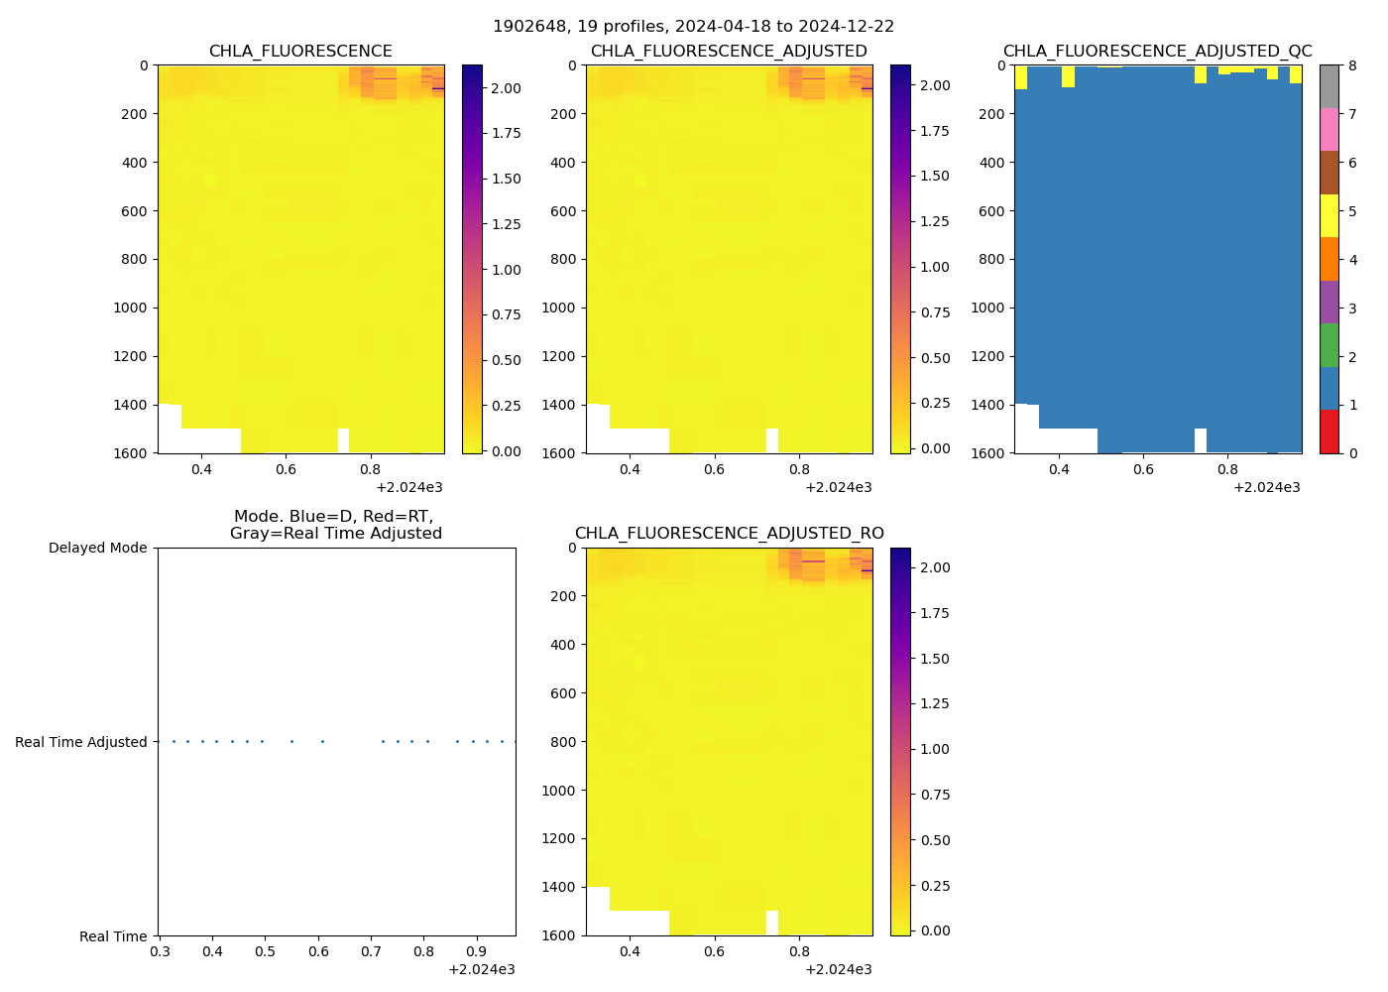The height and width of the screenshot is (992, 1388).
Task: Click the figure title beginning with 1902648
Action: pos(693,27)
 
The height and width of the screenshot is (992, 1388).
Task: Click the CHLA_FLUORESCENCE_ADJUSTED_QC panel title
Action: pos(1157,52)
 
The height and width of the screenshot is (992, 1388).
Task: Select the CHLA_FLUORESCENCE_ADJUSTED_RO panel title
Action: pos(729,534)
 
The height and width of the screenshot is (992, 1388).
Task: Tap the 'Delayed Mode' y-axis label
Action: pos(97,549)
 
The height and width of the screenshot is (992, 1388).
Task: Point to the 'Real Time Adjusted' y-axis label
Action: pos(80,742)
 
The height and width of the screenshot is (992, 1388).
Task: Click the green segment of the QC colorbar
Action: pos(1329,345)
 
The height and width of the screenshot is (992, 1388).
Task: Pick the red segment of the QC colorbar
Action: pos(1329,432)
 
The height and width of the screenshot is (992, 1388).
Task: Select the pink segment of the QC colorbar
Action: pos(1329,130)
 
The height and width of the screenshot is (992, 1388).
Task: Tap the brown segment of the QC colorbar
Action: pos(1329,173)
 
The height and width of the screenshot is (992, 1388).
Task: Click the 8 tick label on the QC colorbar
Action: pos(1352,66)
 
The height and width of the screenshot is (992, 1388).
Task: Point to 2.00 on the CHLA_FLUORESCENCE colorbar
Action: pos(507,88)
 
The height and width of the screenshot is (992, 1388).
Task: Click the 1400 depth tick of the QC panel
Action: pos(988,405)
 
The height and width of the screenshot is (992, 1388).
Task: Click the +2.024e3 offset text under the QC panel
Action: pos(1266,487)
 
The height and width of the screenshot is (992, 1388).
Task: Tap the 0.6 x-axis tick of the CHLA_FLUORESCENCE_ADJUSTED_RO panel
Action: pos(714,952)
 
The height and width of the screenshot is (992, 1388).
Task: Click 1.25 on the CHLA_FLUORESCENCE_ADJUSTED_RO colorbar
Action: pos(935,704)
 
